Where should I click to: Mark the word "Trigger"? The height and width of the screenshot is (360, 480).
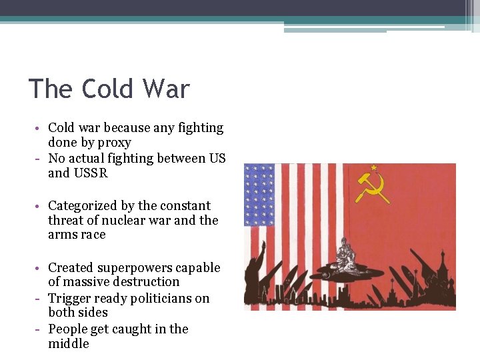pos(70,298)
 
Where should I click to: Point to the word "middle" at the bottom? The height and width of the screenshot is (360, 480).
pos(68,344)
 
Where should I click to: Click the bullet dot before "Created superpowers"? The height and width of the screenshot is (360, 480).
pos(41,268)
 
